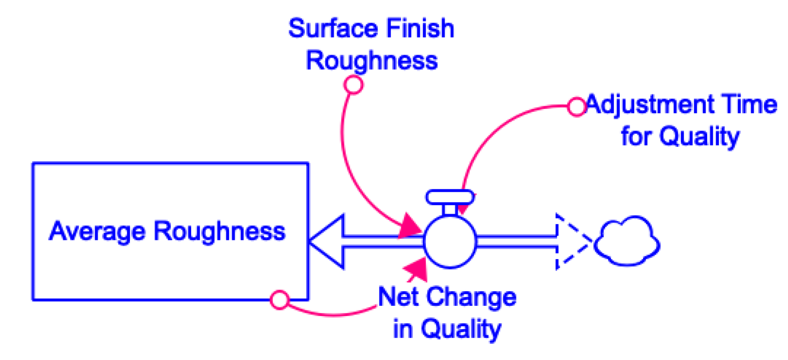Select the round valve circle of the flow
pos(450,242)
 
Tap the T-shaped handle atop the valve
pos(450,198)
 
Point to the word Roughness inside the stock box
pos(219,231)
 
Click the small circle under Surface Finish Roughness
pos(353,85)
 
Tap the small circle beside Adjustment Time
pos(577,107)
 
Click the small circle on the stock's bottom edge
pos(280,300)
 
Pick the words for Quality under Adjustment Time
pos(680,137)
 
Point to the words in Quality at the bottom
pos(447,329)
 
